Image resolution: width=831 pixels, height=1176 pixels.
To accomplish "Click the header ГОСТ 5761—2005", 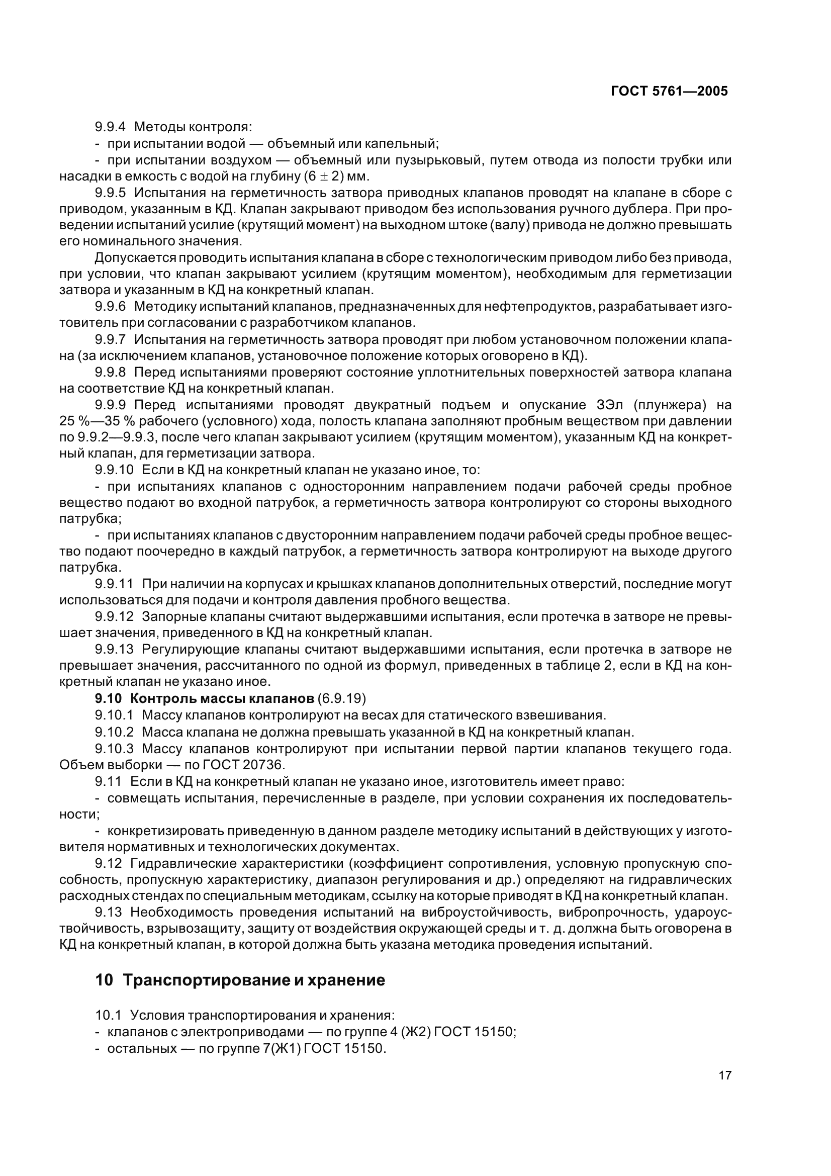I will (x=669, y=91).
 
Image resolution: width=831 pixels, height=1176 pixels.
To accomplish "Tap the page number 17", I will (x=724, y=1090).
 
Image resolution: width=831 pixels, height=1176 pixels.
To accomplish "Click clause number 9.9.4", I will (x=110, y=127).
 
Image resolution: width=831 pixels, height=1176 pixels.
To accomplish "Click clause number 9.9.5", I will (x=110, y=193).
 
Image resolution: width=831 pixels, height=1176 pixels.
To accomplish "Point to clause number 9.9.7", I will (x=110, y=339).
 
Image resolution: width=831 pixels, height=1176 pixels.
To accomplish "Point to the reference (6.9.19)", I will (x=341, y=699).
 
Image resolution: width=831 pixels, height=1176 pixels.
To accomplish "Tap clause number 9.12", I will (x=109, y=863).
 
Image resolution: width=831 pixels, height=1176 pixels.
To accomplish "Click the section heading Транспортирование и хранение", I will (x=254, y=980).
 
